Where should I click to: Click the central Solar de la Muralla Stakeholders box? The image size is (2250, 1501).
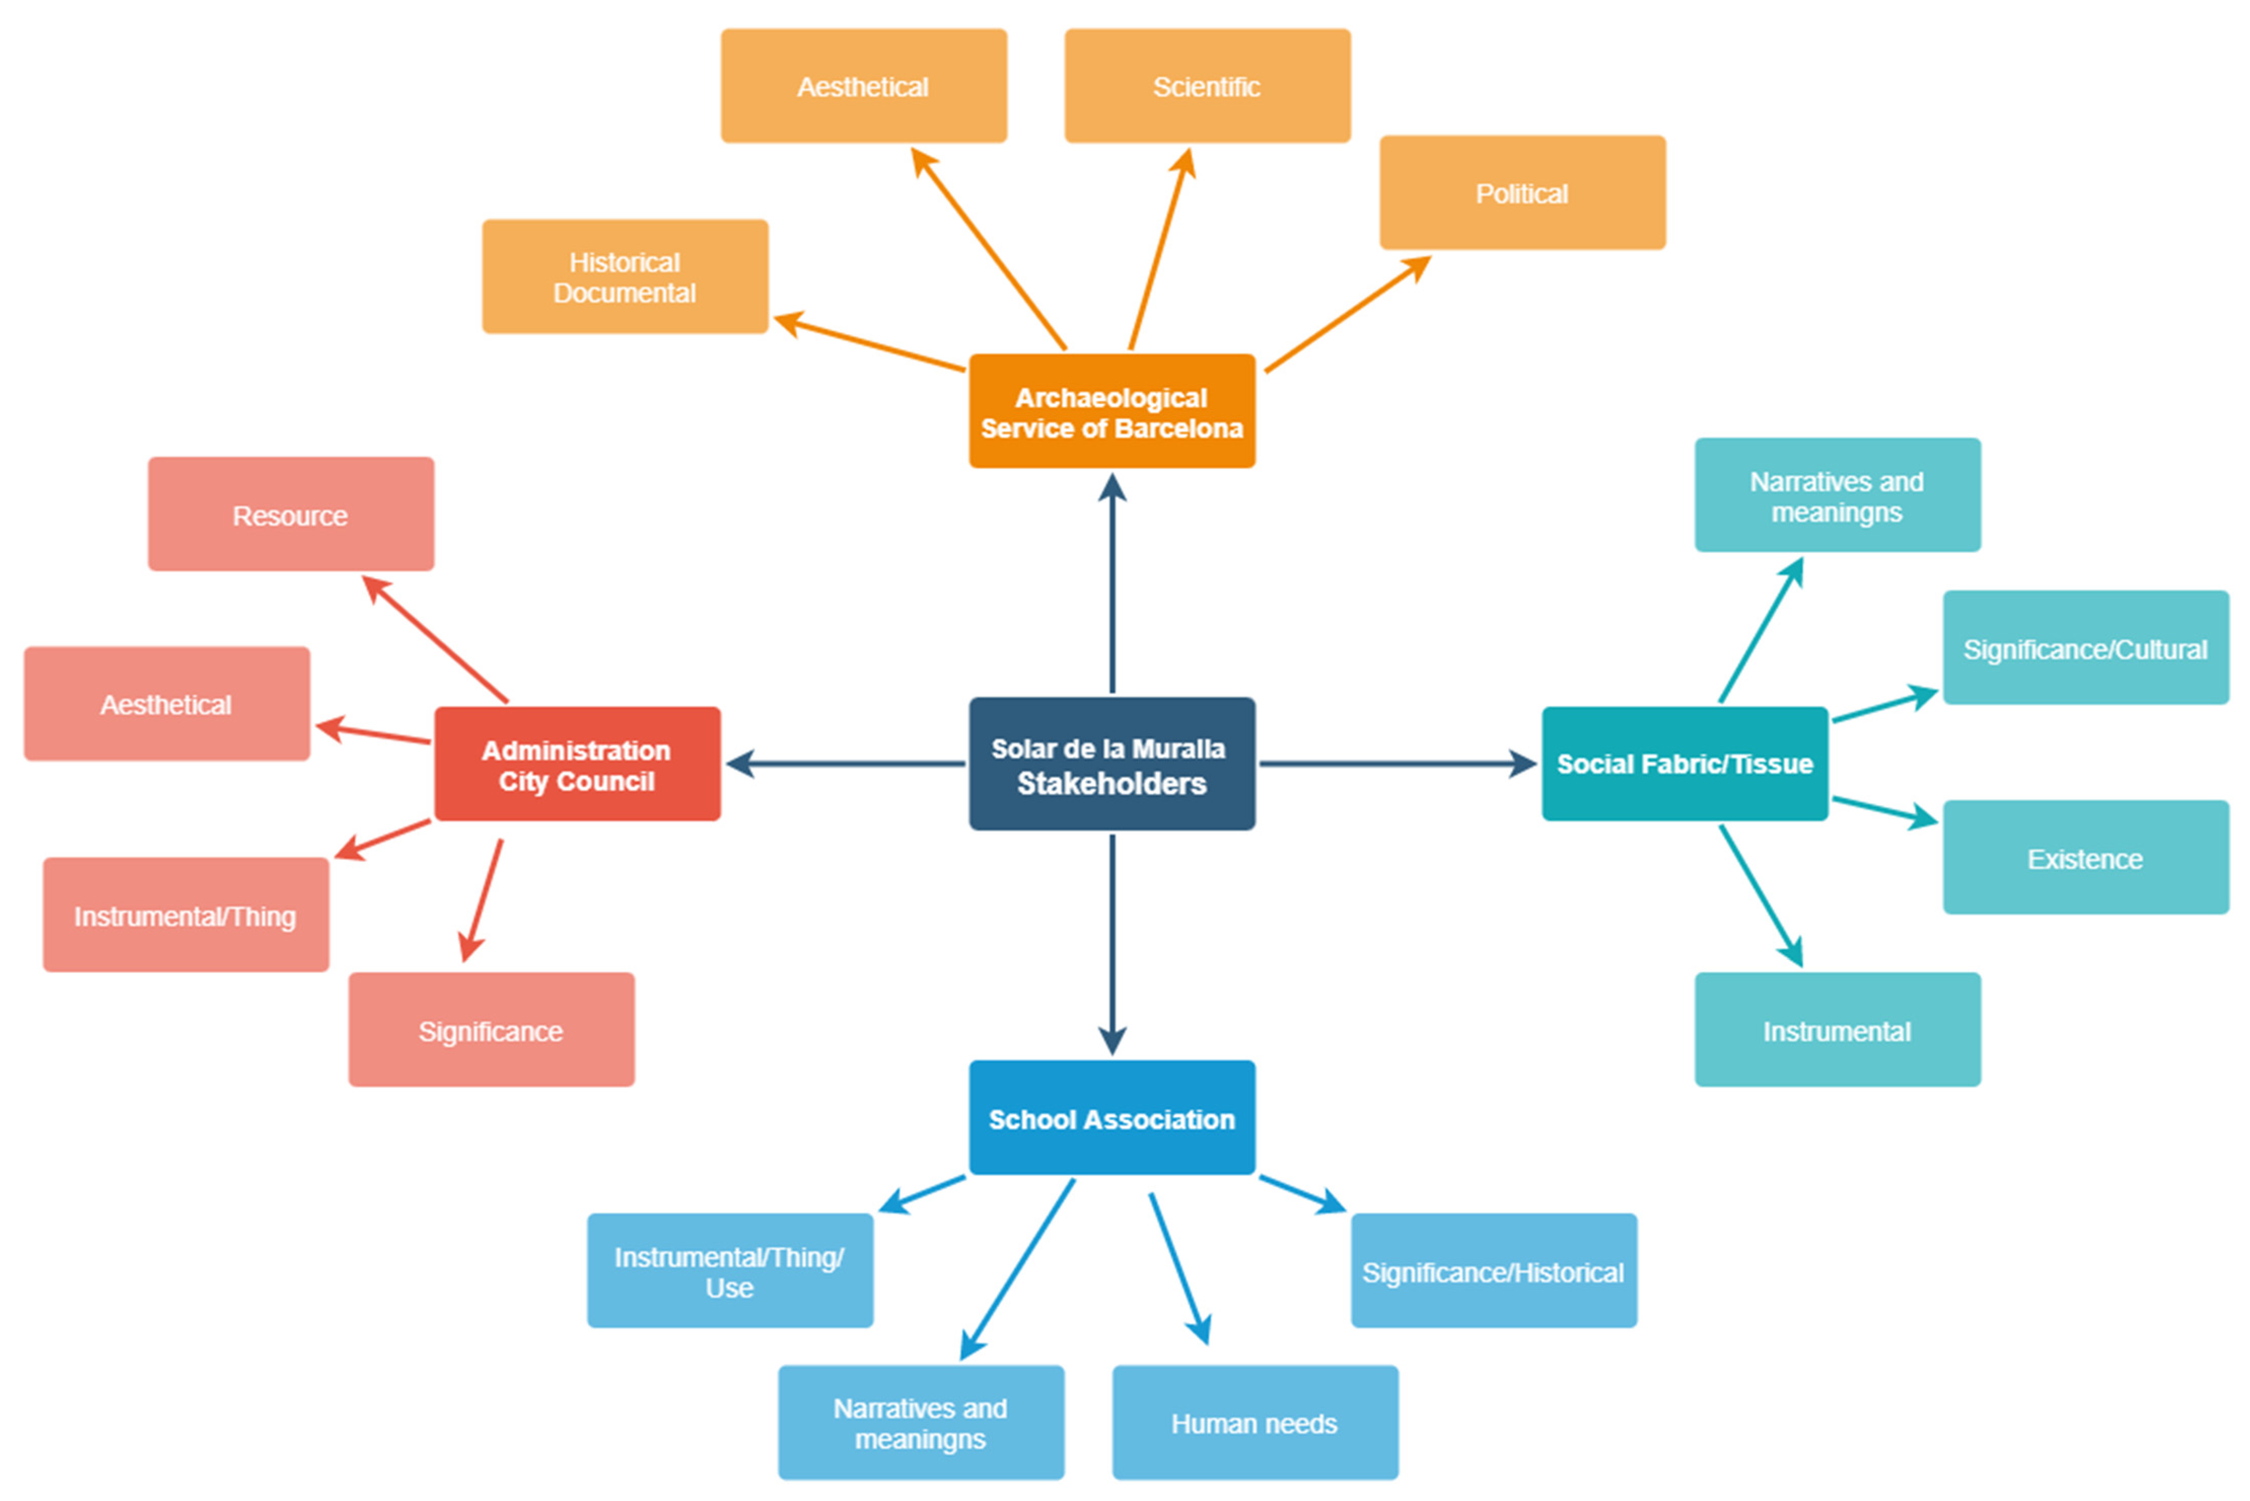(x=1112, y=764)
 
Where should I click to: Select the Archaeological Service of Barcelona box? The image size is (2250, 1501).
(x=1112, y=412)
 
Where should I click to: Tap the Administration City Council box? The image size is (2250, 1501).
(x=578, y=764)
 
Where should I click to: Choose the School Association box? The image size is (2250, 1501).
(x=1112, y=1118)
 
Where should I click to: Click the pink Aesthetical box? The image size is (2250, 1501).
(x=167, y=705)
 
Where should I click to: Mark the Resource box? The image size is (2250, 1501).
(x=290, y=515)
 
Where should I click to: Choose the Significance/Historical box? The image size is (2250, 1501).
(x=1493, y=1271)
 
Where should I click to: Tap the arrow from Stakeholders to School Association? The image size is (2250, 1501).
(x=1112, y=943)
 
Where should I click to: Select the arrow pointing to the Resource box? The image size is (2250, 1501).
(x=436, y=639)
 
